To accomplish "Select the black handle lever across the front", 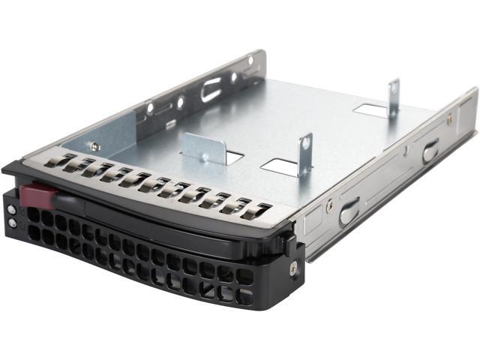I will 150,217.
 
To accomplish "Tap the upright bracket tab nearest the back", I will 392,98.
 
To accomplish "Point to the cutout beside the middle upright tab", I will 281,167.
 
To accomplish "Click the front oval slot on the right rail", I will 349,212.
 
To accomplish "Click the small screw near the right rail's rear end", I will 450,118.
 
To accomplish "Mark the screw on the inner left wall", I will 95,146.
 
